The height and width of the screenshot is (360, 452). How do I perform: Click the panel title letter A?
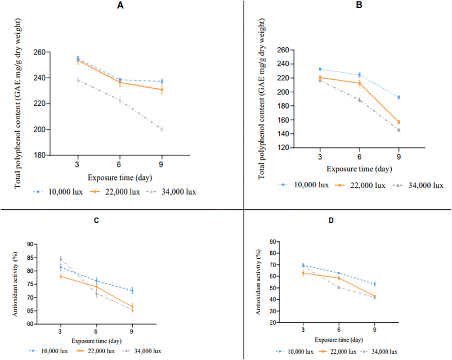click(x=120, y=6)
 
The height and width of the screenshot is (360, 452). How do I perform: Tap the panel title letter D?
click(x=331, y=220)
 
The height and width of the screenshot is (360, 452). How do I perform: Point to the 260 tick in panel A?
click(x=39, y=52)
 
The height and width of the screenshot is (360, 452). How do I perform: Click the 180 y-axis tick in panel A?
click(x=39, y=155)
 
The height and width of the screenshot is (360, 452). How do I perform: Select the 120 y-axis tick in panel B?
click(x=283, y=147)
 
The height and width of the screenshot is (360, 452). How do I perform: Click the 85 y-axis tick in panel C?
click(x=30, y=258)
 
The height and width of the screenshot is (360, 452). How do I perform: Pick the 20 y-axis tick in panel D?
click(x=272, y=322)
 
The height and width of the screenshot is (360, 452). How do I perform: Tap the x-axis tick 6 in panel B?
click(x=359, y=157)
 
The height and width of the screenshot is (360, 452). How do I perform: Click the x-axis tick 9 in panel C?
click(x=132, y=331)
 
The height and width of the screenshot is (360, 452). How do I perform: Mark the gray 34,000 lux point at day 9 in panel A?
click(x=162, y=129)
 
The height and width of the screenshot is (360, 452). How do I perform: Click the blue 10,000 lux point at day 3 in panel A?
click(x=78, y=58)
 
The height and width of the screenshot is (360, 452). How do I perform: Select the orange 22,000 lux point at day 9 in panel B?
click(x=399, y=122)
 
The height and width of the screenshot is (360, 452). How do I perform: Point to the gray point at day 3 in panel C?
click(x=61, y=259)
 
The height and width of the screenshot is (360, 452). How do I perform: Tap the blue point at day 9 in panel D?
click(x=374, y=284)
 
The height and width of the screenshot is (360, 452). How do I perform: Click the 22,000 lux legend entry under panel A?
click(x=115, y=192)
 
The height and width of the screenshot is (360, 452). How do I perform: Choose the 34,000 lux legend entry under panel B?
click(x=418, y=185)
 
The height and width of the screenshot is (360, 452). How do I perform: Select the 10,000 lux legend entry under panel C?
click(x=48, y=351)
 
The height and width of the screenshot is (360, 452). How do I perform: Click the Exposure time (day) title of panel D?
click(x=339, y=340)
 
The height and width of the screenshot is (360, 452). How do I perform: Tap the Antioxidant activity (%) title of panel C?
click(x=15, y=284)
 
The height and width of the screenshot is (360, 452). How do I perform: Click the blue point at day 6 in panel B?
click(x=359, y=75)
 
